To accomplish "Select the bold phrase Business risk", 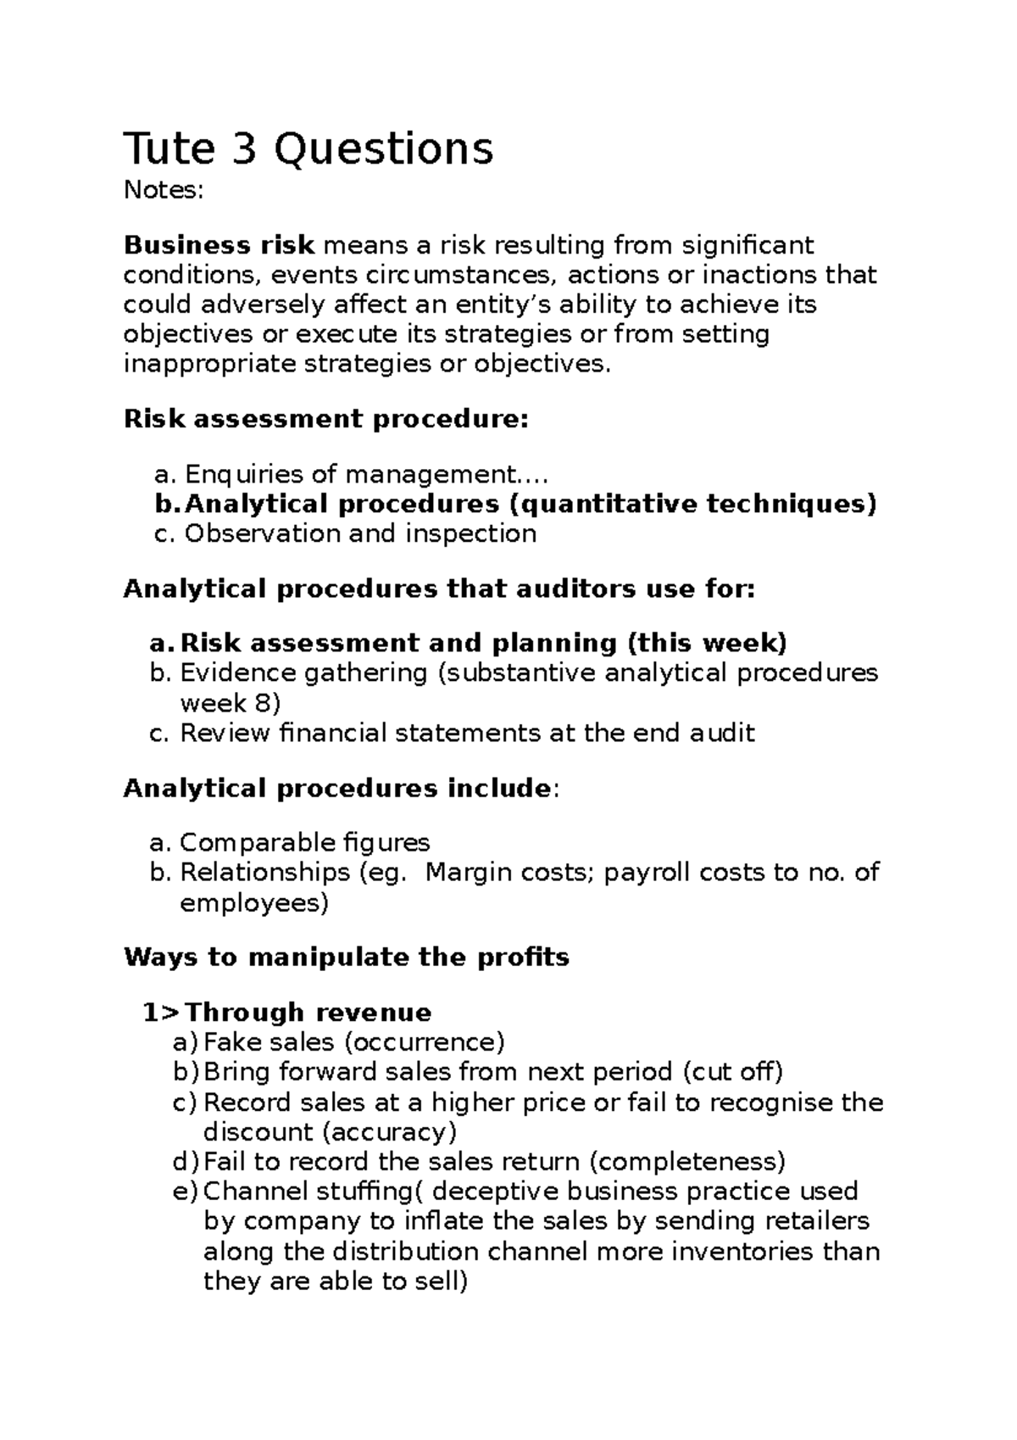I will (220, 245).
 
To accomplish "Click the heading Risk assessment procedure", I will (325, 419).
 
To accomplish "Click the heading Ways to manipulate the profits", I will (346, 957).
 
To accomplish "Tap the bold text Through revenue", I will (308, 1012).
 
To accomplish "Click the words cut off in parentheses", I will (733, 1072).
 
